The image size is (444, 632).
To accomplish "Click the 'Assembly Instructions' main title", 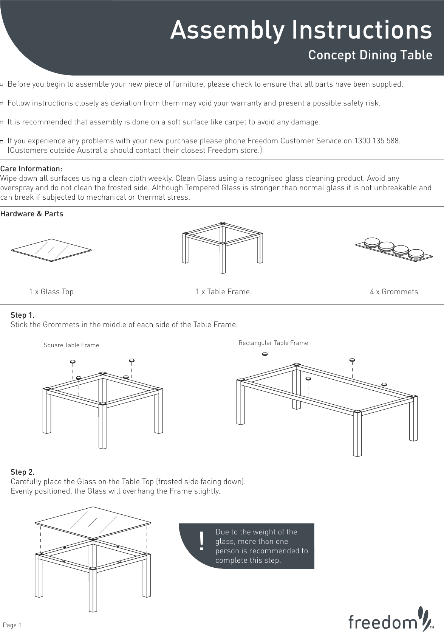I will coord(301,30).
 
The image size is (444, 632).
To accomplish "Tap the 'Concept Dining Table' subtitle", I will coord(370,55).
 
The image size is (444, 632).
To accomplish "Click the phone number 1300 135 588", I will coord(377,141).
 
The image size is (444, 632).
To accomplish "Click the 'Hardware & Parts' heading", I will coord(32,214).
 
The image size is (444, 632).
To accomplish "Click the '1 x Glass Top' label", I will coord(51,292).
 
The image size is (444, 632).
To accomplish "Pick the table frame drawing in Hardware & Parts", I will coord(223,246).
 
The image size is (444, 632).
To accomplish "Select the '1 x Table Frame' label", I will coord(223,292).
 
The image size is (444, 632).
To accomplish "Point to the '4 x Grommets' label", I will coord(394,292).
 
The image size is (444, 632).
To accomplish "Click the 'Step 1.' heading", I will coord(22,315).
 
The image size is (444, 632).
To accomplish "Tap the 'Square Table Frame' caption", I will coord(71,345).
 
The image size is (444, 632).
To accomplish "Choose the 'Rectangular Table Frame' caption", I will coord(273,343).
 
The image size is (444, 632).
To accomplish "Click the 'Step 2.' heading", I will coord(22,472).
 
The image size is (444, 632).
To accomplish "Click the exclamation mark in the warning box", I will coord(202,542).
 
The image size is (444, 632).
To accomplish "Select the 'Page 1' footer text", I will coord(12,625).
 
